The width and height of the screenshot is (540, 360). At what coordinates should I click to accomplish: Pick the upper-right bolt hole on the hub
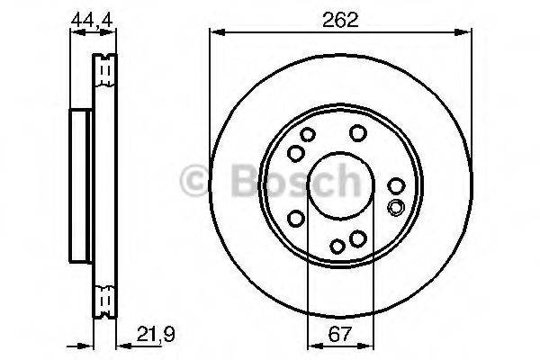tap(357, 133)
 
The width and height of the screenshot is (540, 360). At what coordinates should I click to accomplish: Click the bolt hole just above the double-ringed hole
tap(396, 186)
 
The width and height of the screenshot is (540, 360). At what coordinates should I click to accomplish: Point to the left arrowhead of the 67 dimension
tap(312, 343)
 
